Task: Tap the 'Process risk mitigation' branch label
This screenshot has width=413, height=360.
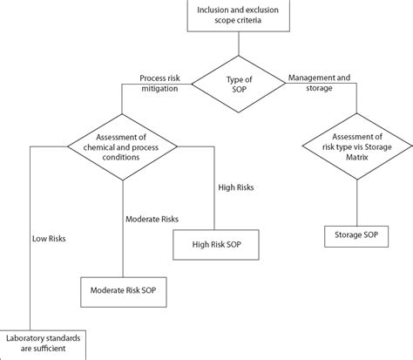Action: click(159, 85)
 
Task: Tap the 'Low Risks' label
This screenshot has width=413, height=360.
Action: click(50, 235)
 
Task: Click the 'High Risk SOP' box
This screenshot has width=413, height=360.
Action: click(216, 245)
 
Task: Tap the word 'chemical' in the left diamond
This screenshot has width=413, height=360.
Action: click(98, 146)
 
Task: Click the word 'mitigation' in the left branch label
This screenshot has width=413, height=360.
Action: click(159, 91)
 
